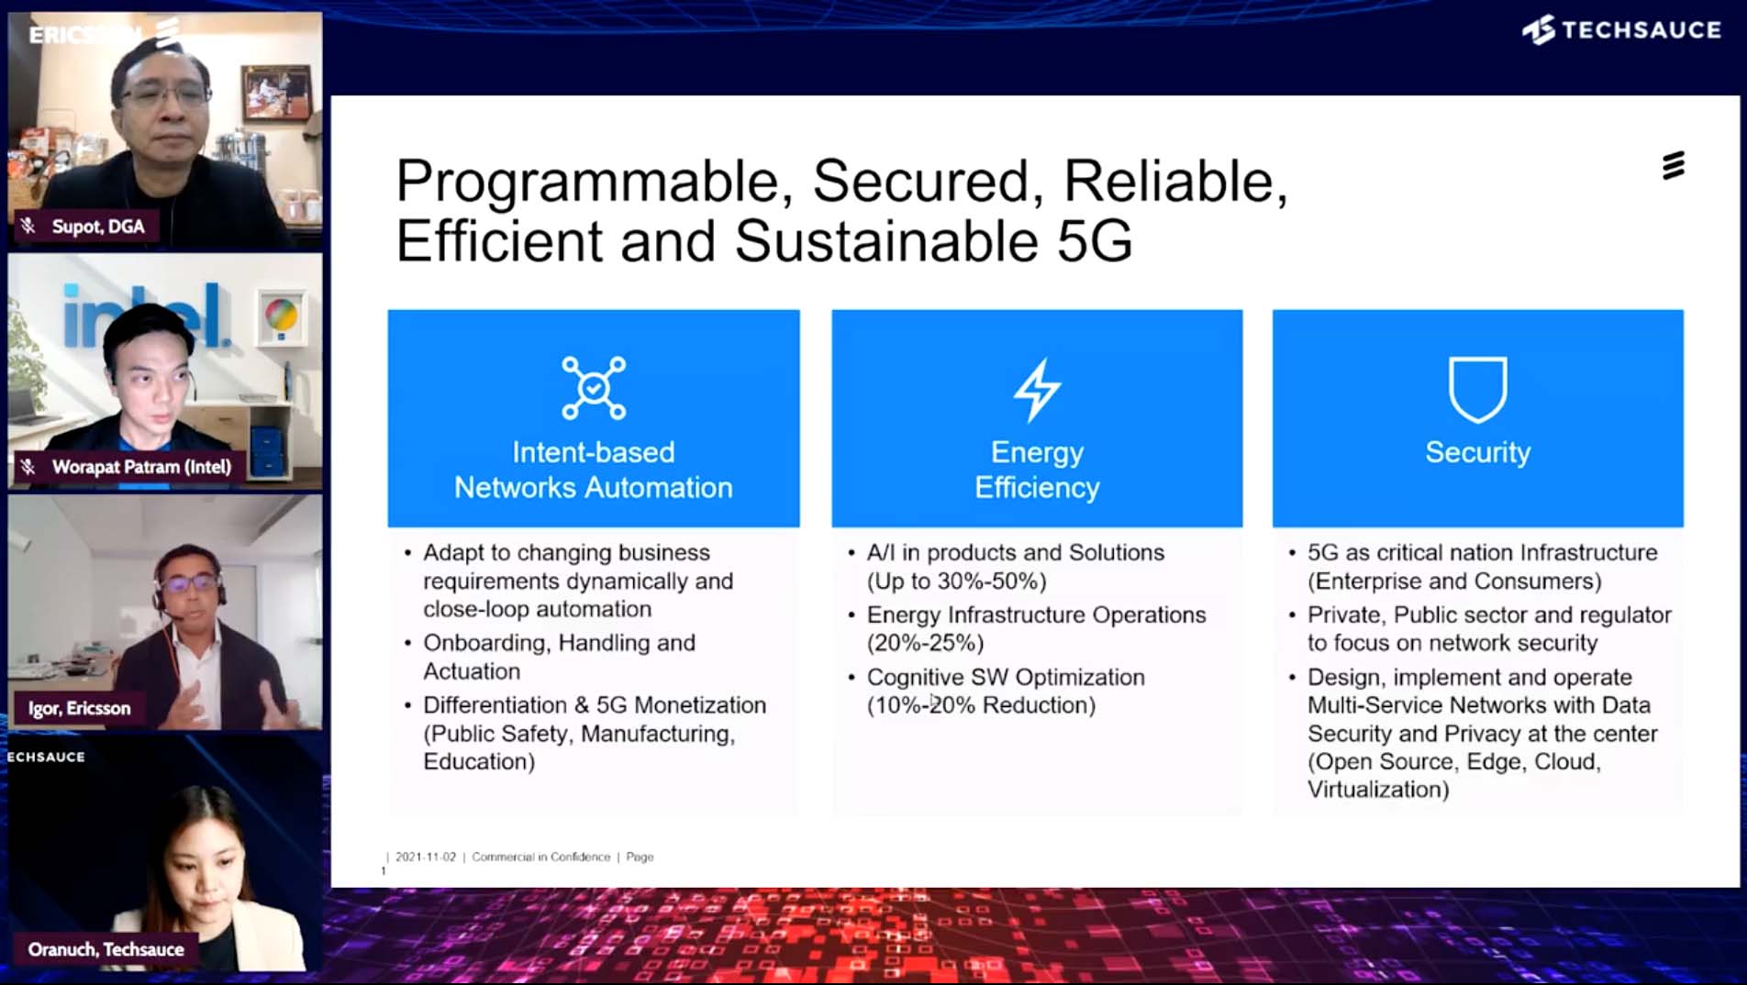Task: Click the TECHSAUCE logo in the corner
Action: (1621, 30)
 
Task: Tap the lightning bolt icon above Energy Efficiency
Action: (1037, 390)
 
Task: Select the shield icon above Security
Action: (1477, 389)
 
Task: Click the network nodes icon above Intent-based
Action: (594, 388)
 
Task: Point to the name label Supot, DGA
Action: (97, 227)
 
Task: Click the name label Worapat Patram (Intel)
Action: (141, 467)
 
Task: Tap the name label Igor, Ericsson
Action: (79, 708)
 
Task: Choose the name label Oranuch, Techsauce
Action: (106, 949)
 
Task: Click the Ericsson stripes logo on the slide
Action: (1673, 165)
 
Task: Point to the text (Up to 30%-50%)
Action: (956, 581)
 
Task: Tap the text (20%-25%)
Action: (925, 643)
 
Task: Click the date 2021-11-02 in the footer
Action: (425, 857)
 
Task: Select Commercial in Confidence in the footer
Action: (540, 857)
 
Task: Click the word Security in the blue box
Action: (1477, 452)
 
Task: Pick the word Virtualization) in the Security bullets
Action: (1378, 790)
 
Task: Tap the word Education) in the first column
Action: (479, 761)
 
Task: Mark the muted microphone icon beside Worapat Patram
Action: (28, 467)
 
